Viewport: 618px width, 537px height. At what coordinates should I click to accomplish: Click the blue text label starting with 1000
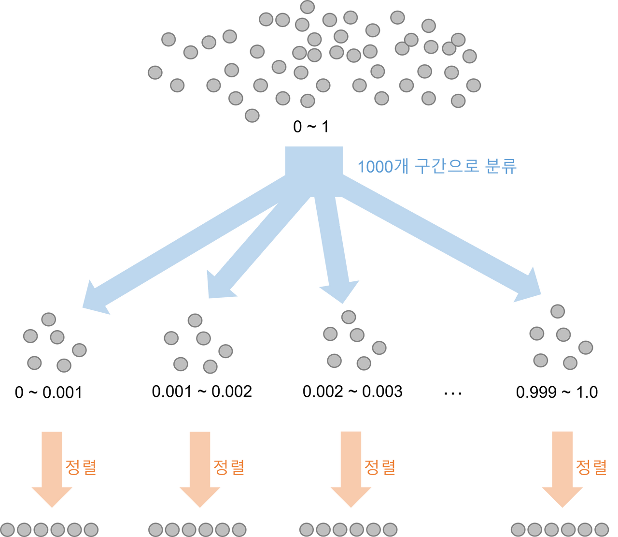[x=437, y=167]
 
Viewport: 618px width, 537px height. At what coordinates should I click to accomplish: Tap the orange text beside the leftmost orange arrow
[x=81, y=467]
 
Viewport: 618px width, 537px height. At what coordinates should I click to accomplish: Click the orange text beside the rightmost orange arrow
[x=591, y=467]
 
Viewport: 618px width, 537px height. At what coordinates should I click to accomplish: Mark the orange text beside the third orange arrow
[x=379, y=467]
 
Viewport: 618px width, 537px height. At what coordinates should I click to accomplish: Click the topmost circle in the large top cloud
[x=308, y=7]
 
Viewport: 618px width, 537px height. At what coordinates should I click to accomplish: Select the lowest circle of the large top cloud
[x=252, y=116]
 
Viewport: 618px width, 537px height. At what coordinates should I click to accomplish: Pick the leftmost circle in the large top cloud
[x=155, y=73]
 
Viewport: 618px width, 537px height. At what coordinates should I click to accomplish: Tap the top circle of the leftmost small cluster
[x=49, y=319]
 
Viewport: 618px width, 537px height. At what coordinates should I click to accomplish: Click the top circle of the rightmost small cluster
[x=558, y=311]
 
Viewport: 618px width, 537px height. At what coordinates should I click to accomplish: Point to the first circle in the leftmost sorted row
[x=8, y=529]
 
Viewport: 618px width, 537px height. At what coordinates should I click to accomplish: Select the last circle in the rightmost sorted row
[x=601, y=529]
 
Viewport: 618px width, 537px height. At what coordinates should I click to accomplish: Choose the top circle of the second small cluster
[x=195, y=320]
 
